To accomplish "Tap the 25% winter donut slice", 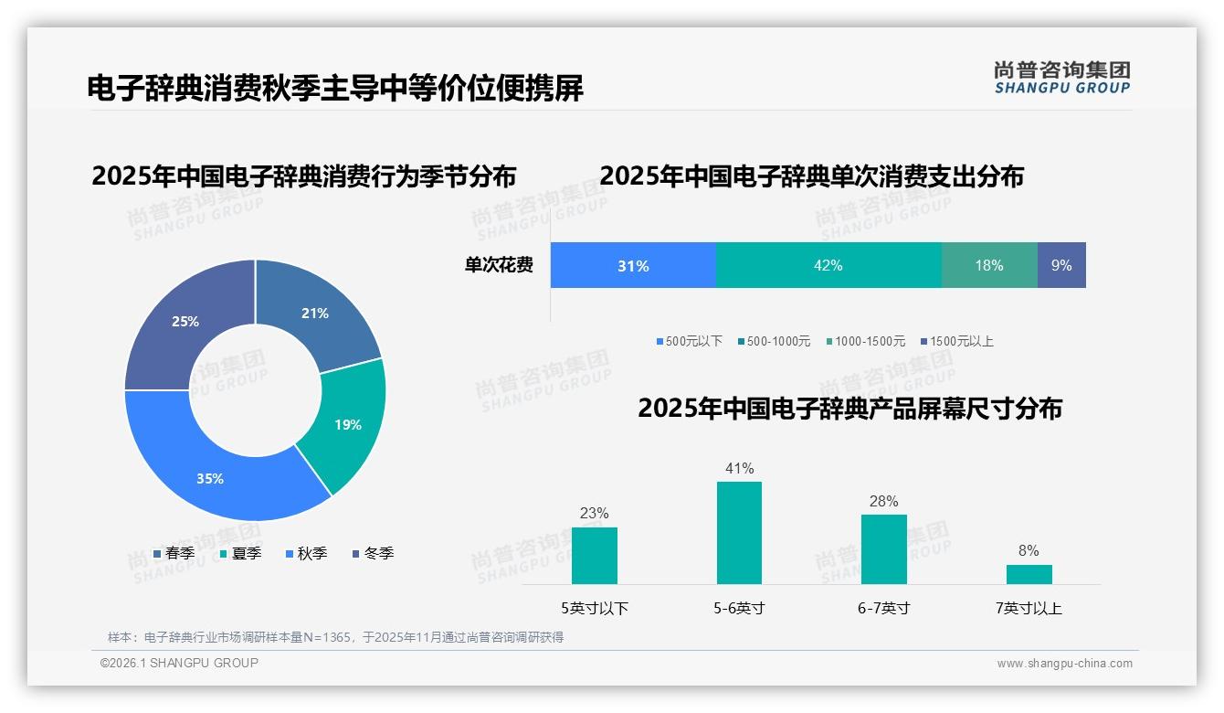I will pyautogui.click(x=185, y=322).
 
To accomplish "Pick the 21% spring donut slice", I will pyautogui.click(x=314, y=314).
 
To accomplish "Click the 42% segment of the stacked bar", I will pyautogui.click(x=828, y=265).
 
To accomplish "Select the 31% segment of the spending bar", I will pyautogui.click(x=633, y=266).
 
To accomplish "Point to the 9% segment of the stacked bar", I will pyautogui.click(x=1061, y=265).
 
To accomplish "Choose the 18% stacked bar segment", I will pyautogui.click(x=989, y=265).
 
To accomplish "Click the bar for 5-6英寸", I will pyautogui.click(x=739, y=533).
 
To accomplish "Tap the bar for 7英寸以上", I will pyautogui.click(x=1029, y=574).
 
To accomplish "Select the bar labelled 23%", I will pyautogui.click(x=594, y=555).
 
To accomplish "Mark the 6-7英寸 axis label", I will pyautogui.click(x=883, y=608).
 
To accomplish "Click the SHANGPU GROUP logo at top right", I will pyautogui.click(x=1061, y=77).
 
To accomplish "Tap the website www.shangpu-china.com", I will pyautogui.click(x=1064, y=664).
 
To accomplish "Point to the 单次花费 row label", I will pyautogui.click(x=499, y=265).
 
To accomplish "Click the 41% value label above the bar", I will pyautogui.click(x=739, y=468).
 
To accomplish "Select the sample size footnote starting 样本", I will pyautogui.click(x=335, y=637).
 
